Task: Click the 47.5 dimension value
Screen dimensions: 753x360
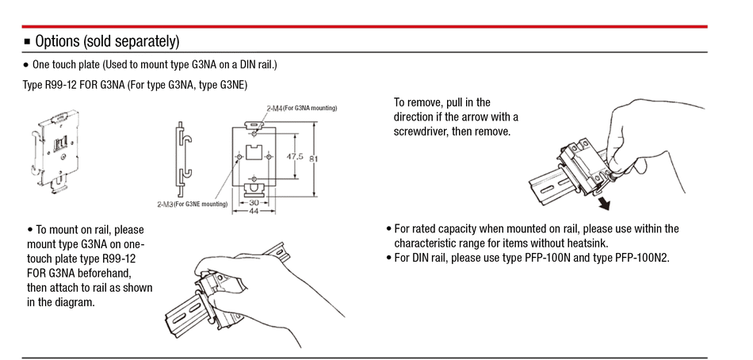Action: click(x=295, y=157)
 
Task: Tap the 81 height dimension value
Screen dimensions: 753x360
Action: click(x=314, y=158)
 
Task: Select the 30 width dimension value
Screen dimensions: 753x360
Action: click(x=254, y=202)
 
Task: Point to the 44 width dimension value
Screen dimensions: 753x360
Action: click(x=254, y=210)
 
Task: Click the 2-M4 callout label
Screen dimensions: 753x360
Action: click(x=274, y=109)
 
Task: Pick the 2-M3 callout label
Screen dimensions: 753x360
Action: click(x=165, y=205)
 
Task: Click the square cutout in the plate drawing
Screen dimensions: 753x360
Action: click(x=253, y=153)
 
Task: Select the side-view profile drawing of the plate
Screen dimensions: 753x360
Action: click(x=184, y=159)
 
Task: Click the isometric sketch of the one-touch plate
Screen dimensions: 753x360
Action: click(x=53, y=151)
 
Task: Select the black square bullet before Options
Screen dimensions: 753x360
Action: click(x=26, y=42)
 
